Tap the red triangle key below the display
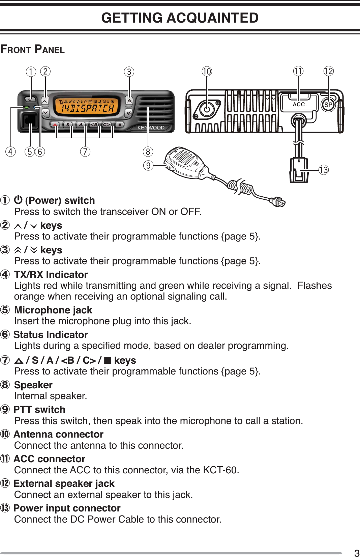pyautogui.click(x=55, y=124)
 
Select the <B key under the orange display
pyautogui.click(x=94, y=124)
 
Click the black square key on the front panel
pyautogui.click(x=119, y=124)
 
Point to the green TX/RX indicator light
pyautogui.click(x=26, y=108)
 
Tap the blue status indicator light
pyautogui.click(x=35, y=108)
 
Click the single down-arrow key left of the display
pyautogui.click(x=45, y=112)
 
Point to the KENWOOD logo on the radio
pyautogui.click(x=151, y=128)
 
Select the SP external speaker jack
pyautogui.click(x=328, y=105)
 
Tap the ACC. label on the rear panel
pyautogui.click(x=299, y=105)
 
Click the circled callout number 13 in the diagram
pyautogui.click(x=324, y=170)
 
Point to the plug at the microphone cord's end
pyautogui.click(x=278, y=202)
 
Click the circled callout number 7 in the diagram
pyautogui.click(x=85, y=151)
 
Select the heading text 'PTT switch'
pyautogui.click(x=39, y=410)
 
